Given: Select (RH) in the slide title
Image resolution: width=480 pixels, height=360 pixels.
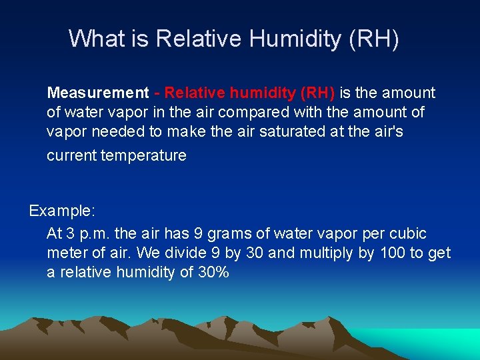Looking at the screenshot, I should coord(373,38).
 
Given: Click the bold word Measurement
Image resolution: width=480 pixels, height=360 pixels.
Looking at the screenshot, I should coord(98,93).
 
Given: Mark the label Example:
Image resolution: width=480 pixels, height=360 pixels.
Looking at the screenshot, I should coord(62,211).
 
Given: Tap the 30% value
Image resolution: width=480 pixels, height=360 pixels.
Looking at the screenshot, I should coord(213,272).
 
